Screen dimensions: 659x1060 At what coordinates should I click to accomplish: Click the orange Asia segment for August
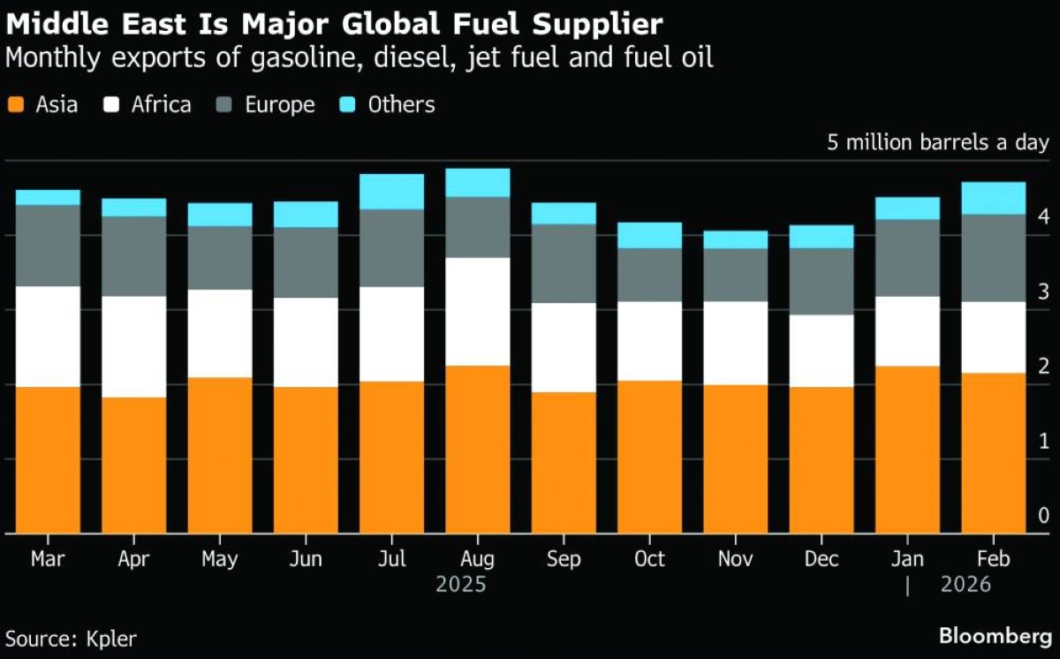tap(477, 449)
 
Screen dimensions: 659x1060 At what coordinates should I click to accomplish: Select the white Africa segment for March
tap(48, 337)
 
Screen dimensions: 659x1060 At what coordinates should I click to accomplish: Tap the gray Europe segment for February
tap(994, 258)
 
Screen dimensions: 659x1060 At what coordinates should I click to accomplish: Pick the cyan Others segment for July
tap(391, 192)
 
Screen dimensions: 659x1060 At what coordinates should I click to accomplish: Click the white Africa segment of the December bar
tap(821, 351)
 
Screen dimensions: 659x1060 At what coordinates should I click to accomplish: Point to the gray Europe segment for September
tap(563, 263)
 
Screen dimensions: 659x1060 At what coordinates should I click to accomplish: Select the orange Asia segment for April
tap(133, 466)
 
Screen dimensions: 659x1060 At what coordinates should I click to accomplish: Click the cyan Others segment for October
tap(649, 235)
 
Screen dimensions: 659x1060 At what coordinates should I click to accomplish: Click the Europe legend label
tap(279, 105)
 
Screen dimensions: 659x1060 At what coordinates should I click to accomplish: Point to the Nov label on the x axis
tap(735, 559)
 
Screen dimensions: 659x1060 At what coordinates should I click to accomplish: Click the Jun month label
tap(306, 559)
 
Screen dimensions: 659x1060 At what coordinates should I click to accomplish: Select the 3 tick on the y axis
tap(1043, 291)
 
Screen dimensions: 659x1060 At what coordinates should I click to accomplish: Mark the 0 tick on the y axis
tap(1043, 515)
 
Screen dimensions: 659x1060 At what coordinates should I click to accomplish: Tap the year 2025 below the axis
tap(461, 585)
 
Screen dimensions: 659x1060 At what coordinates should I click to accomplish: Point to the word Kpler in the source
tap(111, 638)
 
